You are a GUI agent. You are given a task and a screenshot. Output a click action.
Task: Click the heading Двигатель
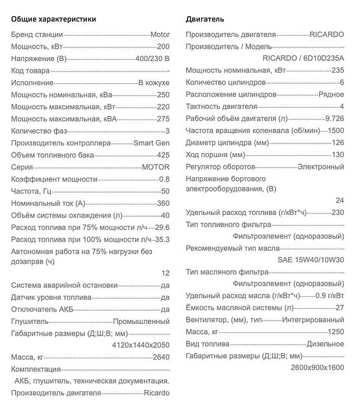tap(205, 19)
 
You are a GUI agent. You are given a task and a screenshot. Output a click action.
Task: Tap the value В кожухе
tap(154, 83)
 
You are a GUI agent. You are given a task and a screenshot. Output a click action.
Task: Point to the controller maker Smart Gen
tap(151, 143)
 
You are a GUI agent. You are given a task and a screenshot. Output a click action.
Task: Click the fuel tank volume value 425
tap(163, 155)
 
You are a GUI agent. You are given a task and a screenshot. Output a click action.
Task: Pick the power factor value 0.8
tap(164, 179)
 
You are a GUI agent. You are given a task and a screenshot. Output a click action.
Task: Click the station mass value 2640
tap(161, 357)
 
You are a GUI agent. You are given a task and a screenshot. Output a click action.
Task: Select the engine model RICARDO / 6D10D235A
tap(304, 58)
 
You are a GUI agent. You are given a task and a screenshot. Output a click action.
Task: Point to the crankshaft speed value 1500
tap(336, 130)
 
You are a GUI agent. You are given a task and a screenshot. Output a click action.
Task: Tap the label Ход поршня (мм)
tap(215, 154)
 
